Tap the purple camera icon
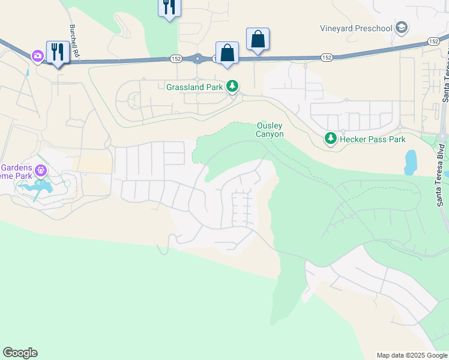click(38, 55)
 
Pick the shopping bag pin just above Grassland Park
click(228, 52)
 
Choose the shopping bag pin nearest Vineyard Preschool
click(258, 40)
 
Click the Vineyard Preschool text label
click(357, 28)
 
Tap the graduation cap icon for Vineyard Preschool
click(402, 28)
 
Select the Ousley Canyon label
click(270, 130)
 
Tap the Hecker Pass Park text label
click(372, 139)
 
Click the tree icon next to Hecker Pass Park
click(330, 139)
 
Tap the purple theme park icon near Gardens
click(40, 172)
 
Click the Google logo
click(20, 353)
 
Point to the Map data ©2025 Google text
click(411, 355)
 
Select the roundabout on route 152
click(197, 59)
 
